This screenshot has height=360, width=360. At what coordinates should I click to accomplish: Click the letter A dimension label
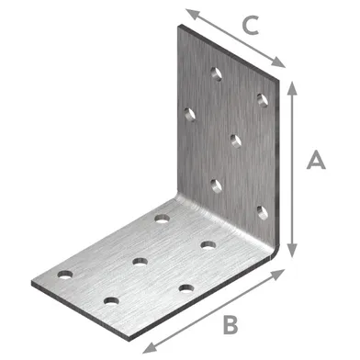pyautogui.click(x=316, y=159)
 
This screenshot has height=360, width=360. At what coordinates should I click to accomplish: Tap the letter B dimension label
pyautogui.click(x=231, y=325)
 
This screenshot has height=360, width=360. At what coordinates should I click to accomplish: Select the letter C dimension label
pyautogui.click(x=251, y=25)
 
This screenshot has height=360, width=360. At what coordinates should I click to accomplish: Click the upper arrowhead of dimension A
pyautogui.click(x=293, y=89)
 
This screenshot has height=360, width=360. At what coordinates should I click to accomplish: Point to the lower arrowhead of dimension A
pyautogui.click(x=293, y=250)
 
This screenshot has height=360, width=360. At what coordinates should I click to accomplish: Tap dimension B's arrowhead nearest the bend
pyautogui.click(x=278, y=274)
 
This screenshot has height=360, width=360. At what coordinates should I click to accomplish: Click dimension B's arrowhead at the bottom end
pyautogui.click(x=150, y=347)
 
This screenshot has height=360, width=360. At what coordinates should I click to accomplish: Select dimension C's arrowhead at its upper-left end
pyautogui.click(x=193, y=14)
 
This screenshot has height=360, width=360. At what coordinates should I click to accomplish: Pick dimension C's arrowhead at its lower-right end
pyautogui.click(x=278, y=62)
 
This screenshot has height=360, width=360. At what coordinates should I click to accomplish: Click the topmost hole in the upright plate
pyautogui.click(x=217, y=73)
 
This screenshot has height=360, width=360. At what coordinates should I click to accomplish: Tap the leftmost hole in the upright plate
pyautogui.click(x=190, y=115)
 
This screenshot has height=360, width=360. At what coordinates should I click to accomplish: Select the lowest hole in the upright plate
pyautogui.click(x=263, y=212)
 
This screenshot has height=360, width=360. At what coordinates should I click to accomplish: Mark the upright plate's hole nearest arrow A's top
pyautogui.click(x=263, y=100)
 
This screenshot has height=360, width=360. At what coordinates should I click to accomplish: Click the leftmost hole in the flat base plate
pyautogui.click(x=65, y=275)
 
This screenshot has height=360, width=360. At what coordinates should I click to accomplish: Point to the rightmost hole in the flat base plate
pyautogui.click(x=208, y=245)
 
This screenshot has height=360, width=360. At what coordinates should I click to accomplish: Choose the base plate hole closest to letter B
pyautogui.click(x=186, y=288)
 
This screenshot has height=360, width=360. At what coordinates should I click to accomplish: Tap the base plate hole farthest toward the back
pyautogui.click(x=163, y=219)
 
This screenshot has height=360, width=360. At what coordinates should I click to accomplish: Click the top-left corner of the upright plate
pyautogui.click(x=179, y=25)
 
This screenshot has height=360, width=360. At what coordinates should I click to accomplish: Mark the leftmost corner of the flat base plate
pyautogui.click(x=32, y=283)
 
